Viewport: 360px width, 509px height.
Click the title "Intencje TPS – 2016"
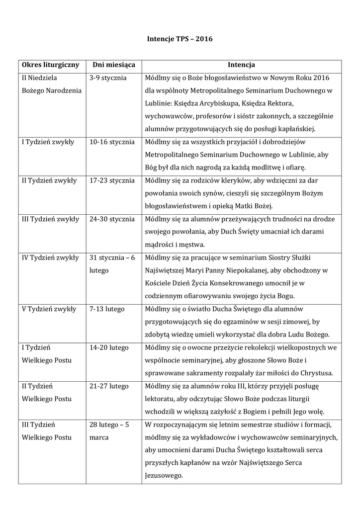[180, 38]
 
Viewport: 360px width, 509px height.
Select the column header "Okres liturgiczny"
[50, 65]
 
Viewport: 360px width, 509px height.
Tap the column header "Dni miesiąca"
[114, 65]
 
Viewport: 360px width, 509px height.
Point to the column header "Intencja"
[241, 65]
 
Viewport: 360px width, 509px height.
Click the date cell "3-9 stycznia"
[108, 78]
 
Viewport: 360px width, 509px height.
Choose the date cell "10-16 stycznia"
[112, 142]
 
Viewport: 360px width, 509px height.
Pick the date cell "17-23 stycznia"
[112, 180]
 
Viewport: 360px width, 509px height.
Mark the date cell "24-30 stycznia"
[112, 219]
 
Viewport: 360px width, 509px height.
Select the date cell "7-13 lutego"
[107, 309]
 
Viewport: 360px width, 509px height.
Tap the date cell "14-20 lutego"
[109, 347]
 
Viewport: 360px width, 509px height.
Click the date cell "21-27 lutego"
[109, 386]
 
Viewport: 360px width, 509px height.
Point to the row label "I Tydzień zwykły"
[48, 142]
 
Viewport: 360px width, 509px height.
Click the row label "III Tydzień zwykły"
[50, 219]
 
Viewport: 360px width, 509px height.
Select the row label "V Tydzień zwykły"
[49, 309]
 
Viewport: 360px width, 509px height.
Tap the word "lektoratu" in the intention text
[160, 399]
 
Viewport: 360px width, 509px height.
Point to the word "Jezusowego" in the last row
[163, 476]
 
